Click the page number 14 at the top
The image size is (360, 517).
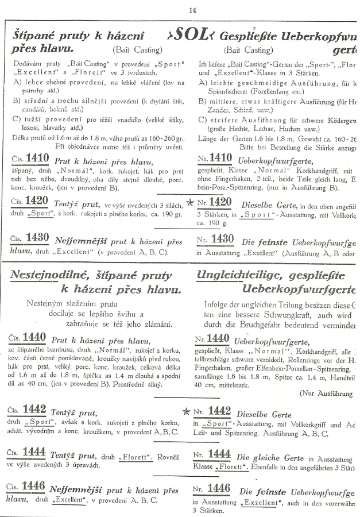[x=192, y=9]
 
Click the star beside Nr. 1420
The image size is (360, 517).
[x=188, y=203]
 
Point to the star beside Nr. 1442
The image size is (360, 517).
[x=185, y=411]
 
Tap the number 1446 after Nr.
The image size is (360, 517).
[x=218, y=489]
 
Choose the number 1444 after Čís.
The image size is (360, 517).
[x=34, y=453]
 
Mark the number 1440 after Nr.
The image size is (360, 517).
[x=218, y=338]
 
